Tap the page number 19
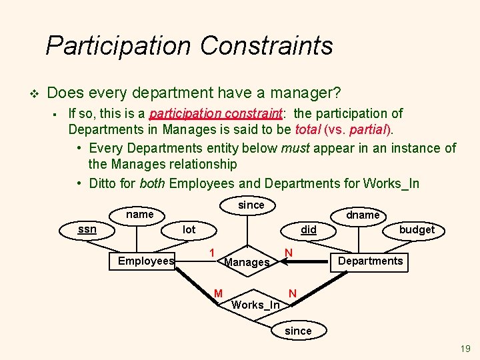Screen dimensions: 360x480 (x=465, y=349)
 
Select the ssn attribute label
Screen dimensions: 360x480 (x=87, y=229)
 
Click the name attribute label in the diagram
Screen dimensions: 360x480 (x=140, y=214)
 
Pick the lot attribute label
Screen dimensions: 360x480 (x=189, y=229)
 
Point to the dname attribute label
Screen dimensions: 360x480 (x=363, y=215)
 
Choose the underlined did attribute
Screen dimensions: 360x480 (x=308, y=229)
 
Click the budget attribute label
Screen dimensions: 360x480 (x=416, y=229)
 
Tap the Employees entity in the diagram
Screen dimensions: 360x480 (x=145, y=261)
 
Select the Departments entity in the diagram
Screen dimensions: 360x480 (x=370, y=261)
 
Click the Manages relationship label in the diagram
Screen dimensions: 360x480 (x=247, y=262)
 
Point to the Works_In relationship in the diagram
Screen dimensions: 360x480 (x=255, y=305)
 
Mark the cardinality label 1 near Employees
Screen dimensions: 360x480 (x=211, y=253)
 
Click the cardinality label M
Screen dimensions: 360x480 (x=218, y=293)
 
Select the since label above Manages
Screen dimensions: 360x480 (x=251, y=205)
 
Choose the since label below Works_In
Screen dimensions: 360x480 (x=297, y=331)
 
